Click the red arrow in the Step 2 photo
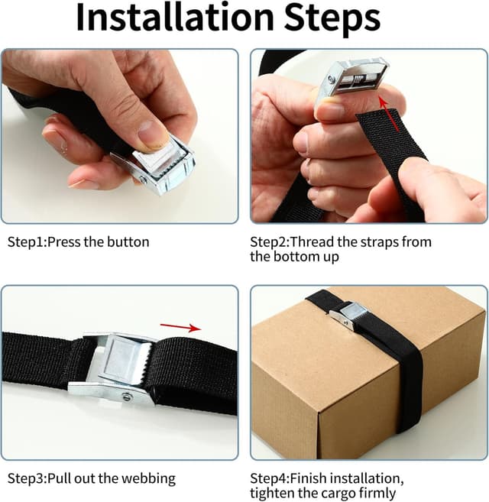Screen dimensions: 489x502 coord(389,114)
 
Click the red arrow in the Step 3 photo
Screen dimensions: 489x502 coord(180,327)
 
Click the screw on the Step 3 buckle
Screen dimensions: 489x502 coord(127,397)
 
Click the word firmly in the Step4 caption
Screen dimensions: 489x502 coord(379,494)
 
